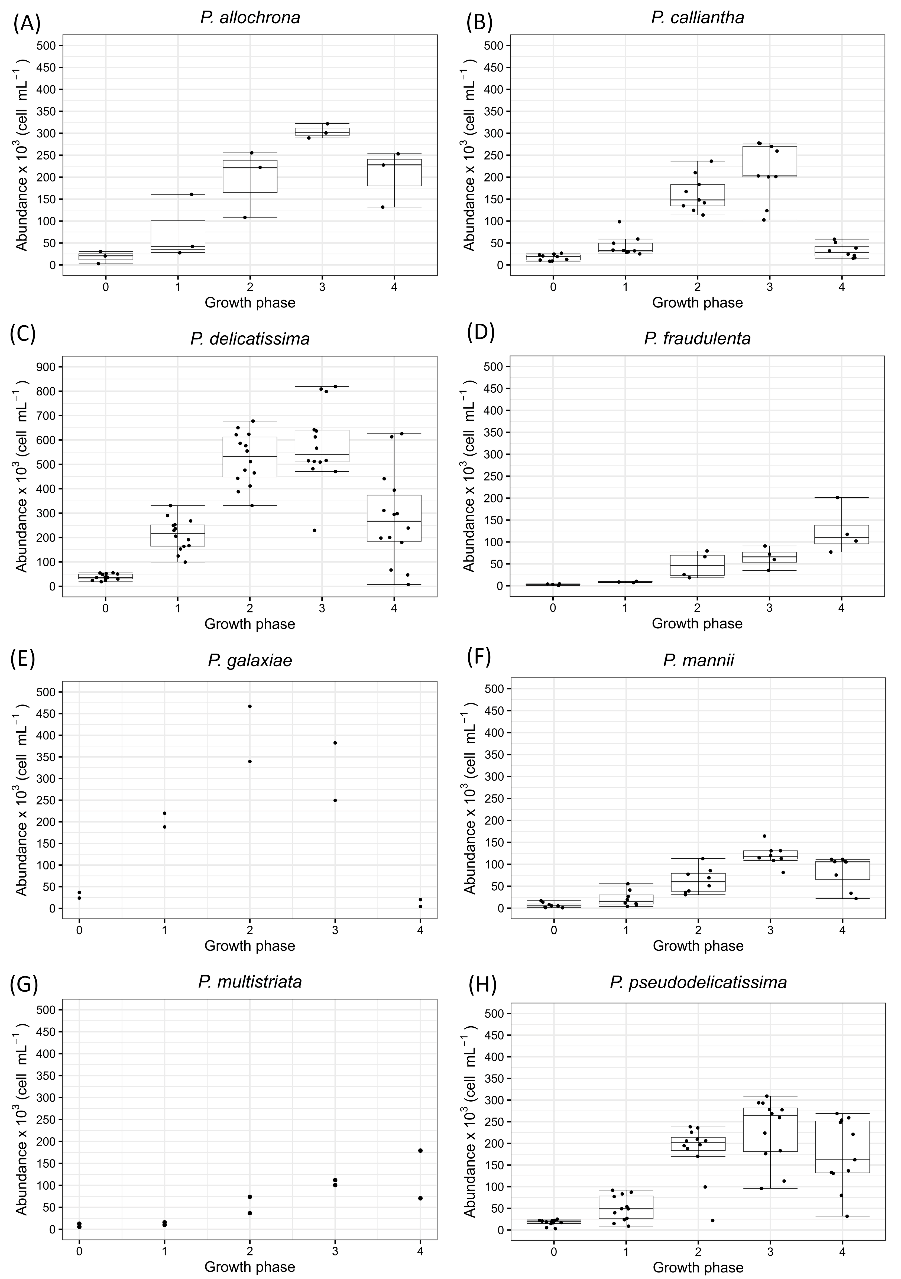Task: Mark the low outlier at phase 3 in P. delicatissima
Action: click(314, 530)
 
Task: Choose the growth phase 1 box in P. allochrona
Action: click(178, 235)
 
